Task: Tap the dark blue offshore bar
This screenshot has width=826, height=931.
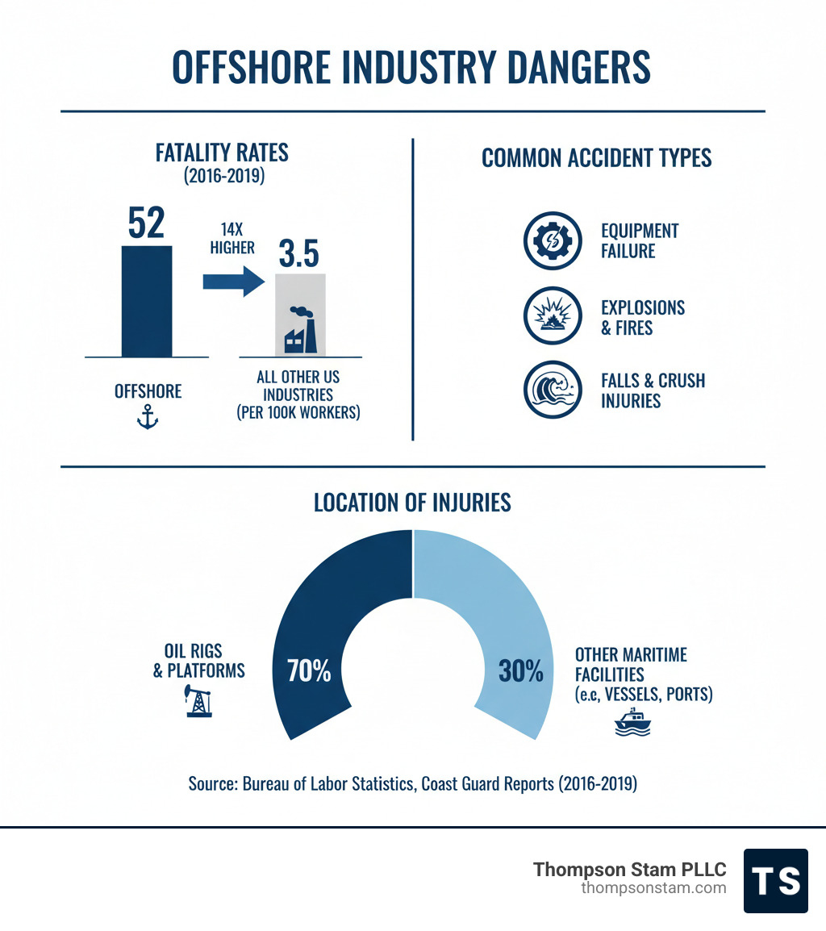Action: (x=147, y=300)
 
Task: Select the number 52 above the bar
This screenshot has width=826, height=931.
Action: (x=147, y=224)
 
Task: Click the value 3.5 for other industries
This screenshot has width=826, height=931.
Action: (x=298, y=253)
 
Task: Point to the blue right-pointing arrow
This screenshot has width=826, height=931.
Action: (x=232, y=282)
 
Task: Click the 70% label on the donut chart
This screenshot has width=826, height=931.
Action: (x=309, y=671)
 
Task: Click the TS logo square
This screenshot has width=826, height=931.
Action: (x=775, y=880)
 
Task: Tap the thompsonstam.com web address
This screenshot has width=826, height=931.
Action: (x=653, y=888)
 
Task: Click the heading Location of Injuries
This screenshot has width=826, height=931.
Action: (x=412, y=503)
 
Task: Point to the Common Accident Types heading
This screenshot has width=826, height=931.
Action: (x=596, y=158)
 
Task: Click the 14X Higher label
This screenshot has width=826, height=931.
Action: (x=232, y=238)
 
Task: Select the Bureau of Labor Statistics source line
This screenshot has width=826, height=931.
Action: (x=412, y=783)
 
